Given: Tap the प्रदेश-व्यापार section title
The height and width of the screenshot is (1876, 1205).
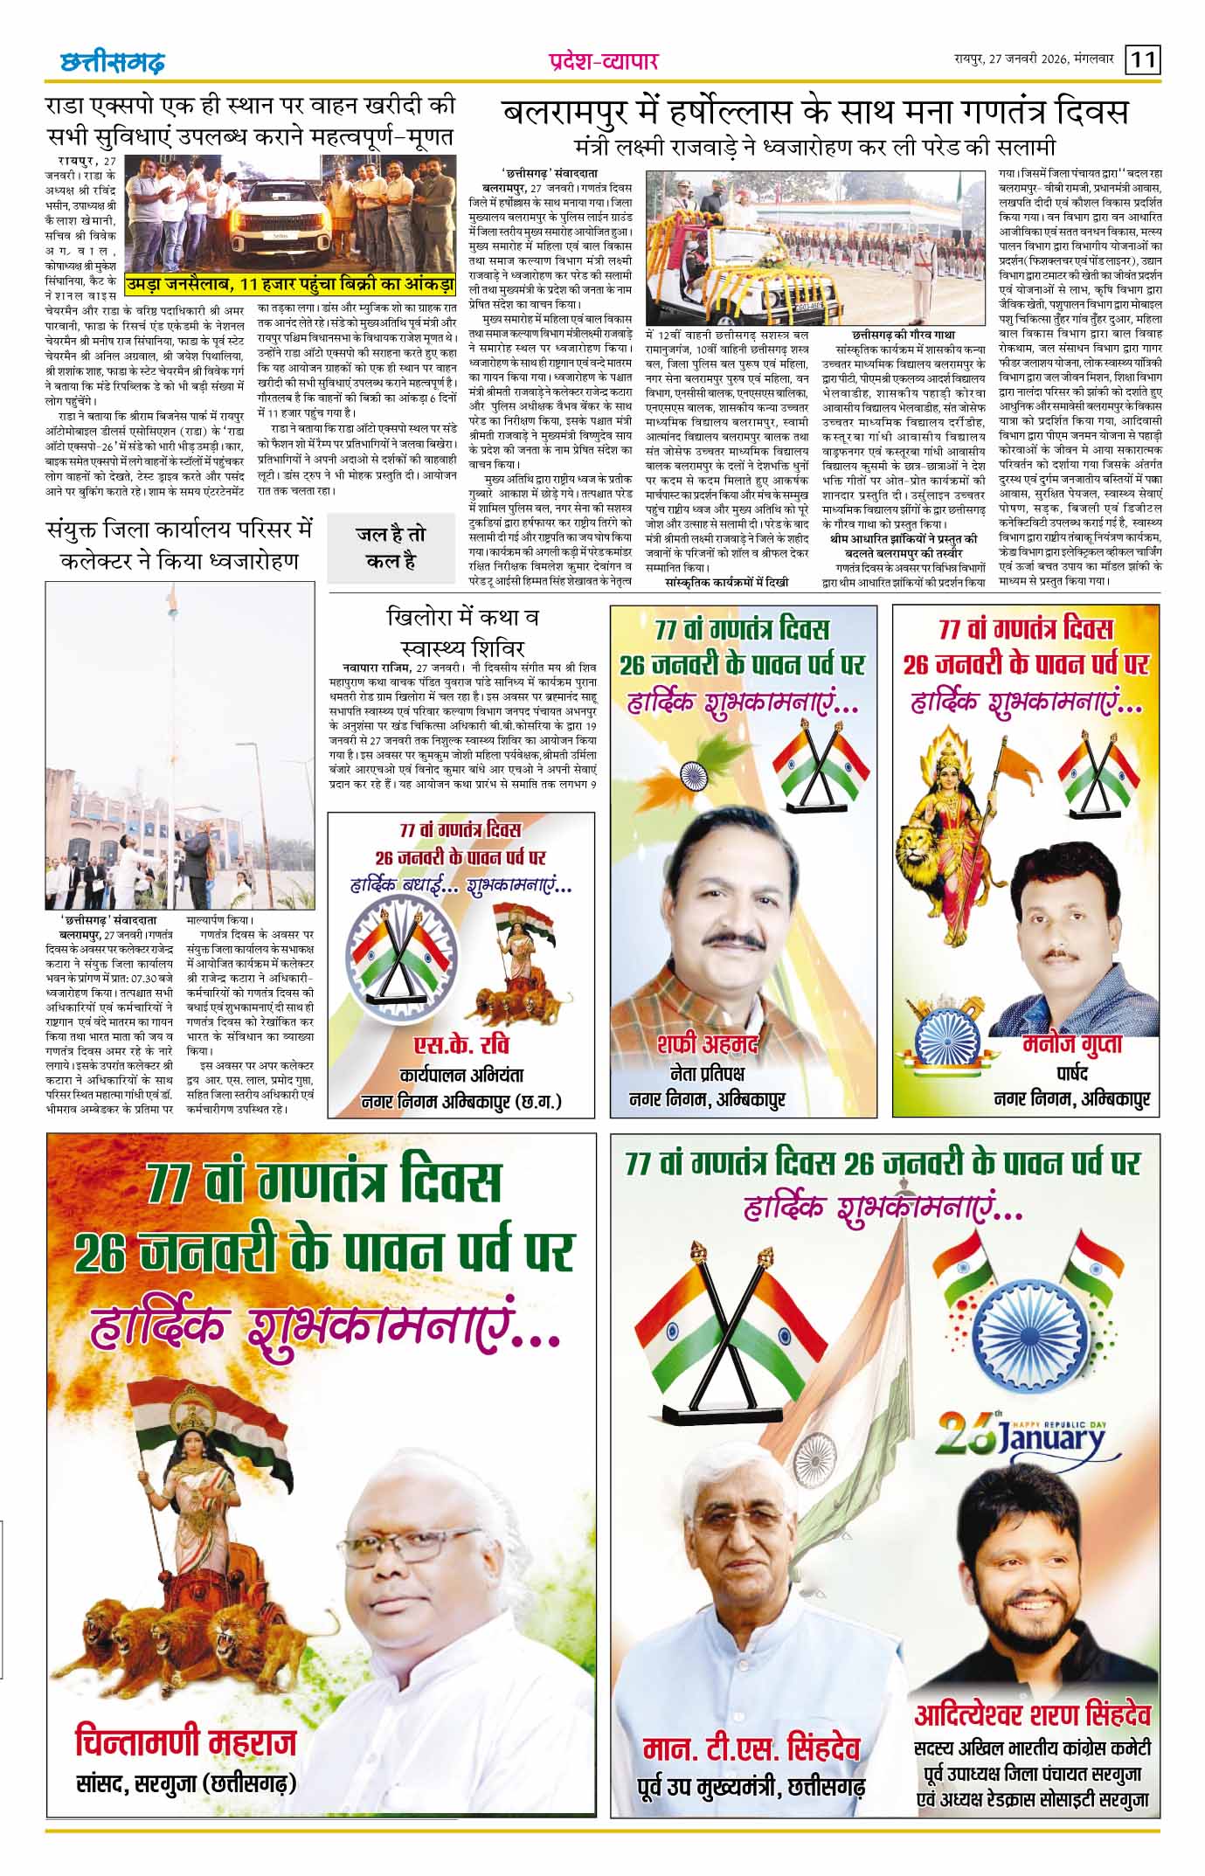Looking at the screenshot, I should [602, 61].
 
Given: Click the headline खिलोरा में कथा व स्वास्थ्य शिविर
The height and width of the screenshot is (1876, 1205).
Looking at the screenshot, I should [463, 632].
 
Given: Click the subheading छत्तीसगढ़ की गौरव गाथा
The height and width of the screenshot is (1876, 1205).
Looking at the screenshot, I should [903, 335].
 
